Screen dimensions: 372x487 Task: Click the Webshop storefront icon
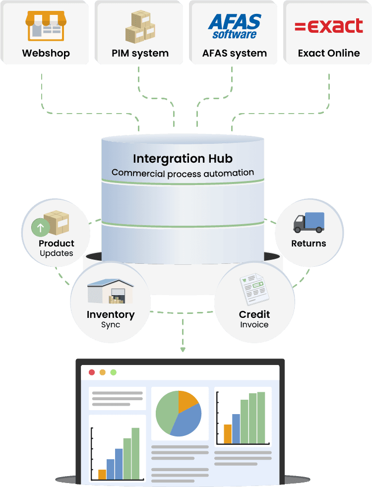point(46,26)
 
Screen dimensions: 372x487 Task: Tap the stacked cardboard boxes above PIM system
point(140,27)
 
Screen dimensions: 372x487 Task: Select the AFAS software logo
point(235,26)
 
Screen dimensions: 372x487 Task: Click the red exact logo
point(329,26)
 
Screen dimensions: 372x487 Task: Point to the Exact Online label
point(329,53)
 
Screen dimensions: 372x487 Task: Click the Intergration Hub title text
point(183,159)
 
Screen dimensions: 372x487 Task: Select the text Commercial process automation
point(183,173)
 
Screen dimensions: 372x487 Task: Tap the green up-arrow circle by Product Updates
point(40,227)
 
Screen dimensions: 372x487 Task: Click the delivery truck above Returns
point(309,222)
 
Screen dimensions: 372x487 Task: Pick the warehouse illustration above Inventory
point(110,291)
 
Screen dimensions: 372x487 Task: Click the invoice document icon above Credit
point(254,289)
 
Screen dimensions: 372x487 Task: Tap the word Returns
point(309,243)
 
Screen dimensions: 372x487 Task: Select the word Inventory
point(111,314)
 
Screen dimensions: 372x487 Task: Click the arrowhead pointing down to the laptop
point(183,350)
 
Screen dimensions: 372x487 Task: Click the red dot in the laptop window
point(92,372)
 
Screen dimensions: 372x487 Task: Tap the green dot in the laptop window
point(114,372)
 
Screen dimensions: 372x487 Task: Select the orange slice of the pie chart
point(187,400)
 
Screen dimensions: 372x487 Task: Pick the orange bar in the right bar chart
point(228,434)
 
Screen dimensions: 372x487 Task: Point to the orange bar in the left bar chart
point(102,474)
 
